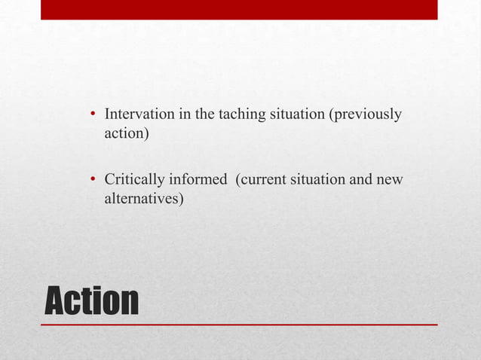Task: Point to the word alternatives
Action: (142, 200)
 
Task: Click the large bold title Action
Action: (92, 300)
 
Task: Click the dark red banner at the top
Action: (238, 10)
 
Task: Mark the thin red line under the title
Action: (238, 325)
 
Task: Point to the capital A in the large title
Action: (57, 300)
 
